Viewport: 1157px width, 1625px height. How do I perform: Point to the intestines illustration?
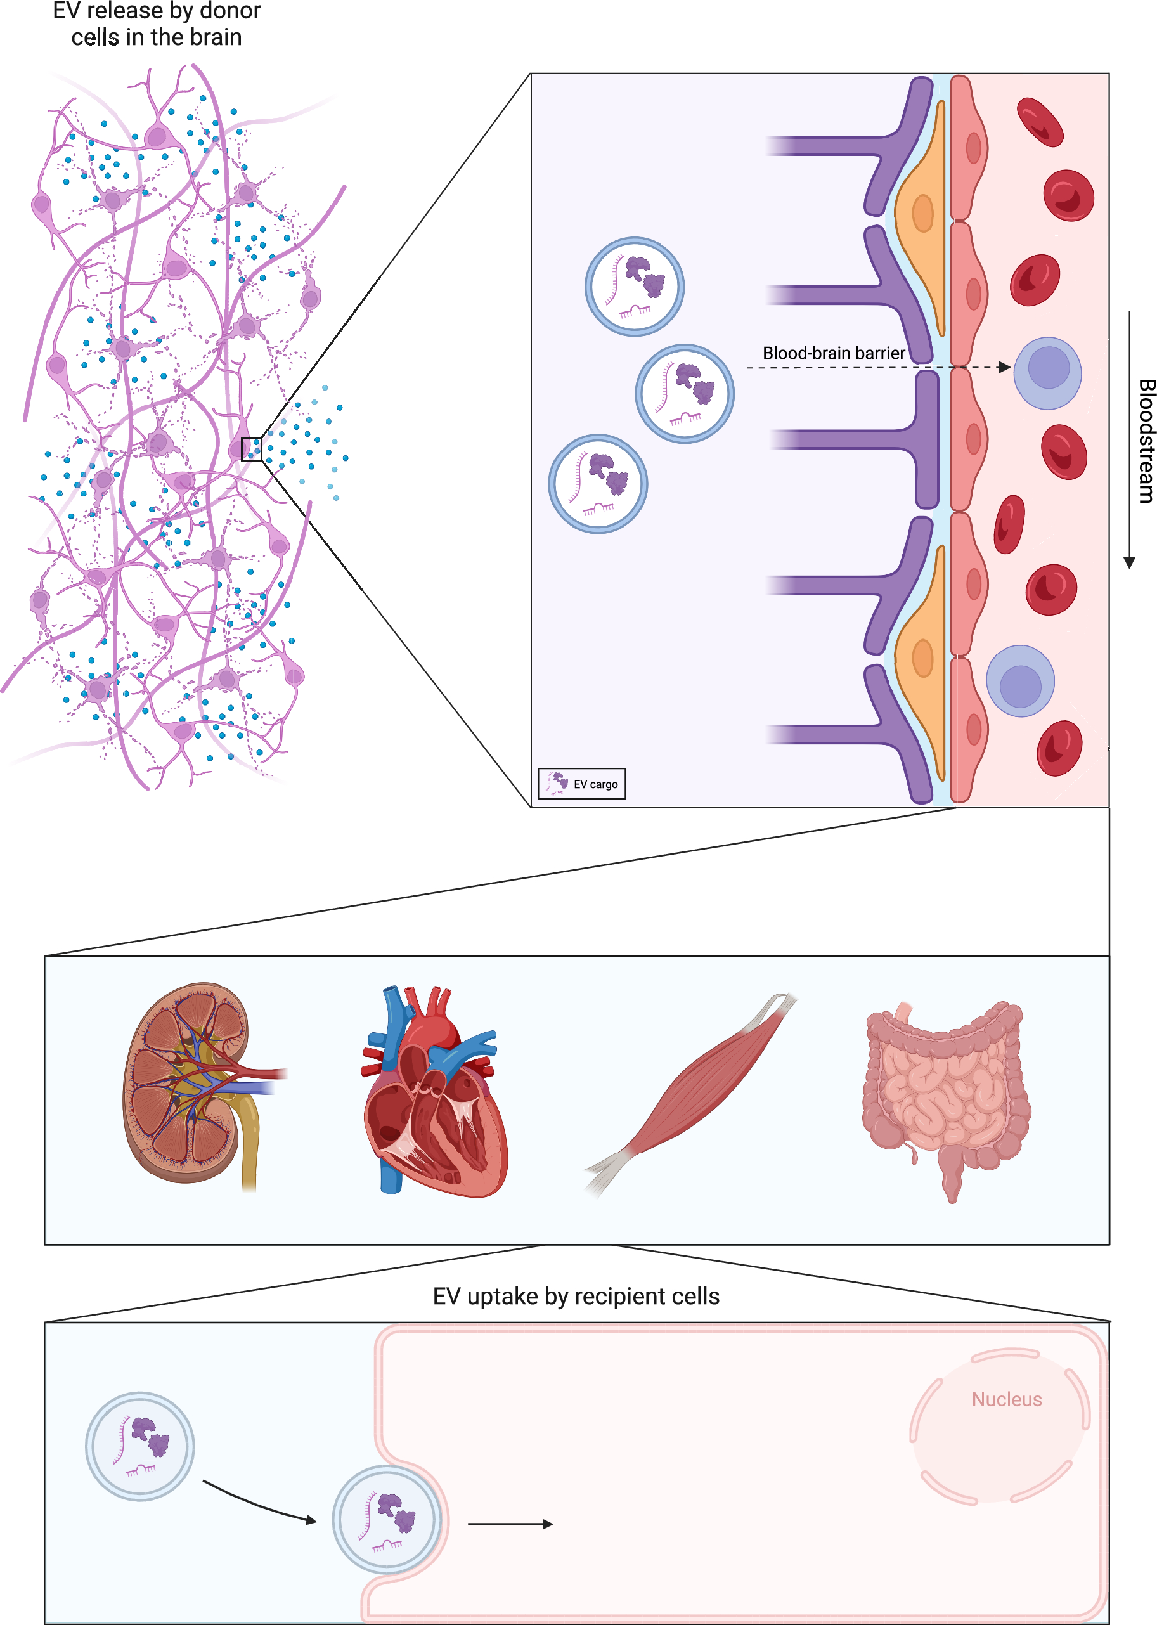pos(944,1097)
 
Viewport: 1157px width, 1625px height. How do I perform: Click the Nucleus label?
pos(1006,1400)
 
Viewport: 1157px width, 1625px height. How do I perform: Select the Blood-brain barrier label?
pos(833,353)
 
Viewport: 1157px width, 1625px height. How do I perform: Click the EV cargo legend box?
pos(581,784)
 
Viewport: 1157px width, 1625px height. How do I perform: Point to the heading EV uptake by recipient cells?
pos(576,1297)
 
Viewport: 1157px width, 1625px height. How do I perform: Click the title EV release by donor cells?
pos(157,24)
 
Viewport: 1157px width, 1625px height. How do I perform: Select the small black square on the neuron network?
pos(252,450)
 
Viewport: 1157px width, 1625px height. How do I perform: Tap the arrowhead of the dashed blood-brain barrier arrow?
pos(1005,368)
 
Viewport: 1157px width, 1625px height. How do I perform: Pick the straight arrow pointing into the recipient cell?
pos(510,1524)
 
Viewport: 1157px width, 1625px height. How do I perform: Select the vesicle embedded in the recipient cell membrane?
pos(387,1520)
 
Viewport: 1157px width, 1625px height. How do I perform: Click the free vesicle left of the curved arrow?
pos(140,1446)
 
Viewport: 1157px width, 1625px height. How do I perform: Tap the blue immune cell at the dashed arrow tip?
pos(1047,373)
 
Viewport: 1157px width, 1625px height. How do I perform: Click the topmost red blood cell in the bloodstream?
pos(1040,122)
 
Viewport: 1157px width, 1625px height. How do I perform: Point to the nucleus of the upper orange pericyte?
pos(922,212)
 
